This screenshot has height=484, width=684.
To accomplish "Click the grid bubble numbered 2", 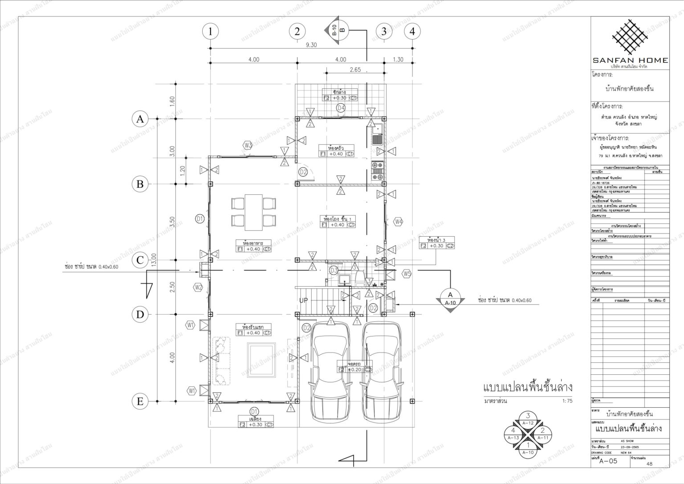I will click(297, 32).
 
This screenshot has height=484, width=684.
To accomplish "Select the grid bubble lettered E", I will click(140, 402).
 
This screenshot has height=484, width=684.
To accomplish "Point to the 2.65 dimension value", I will click(355, 70).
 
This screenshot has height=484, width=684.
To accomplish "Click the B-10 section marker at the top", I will click(338, 30).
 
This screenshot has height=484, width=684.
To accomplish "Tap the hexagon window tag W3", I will click(248, 145).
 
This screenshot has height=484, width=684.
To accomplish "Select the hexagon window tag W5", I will click(406, 274).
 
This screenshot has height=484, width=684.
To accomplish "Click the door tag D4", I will click(341, 107).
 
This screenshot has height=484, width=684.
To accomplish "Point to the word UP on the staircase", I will click(303, 300).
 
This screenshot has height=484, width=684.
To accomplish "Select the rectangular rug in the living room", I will click(261, 360).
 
